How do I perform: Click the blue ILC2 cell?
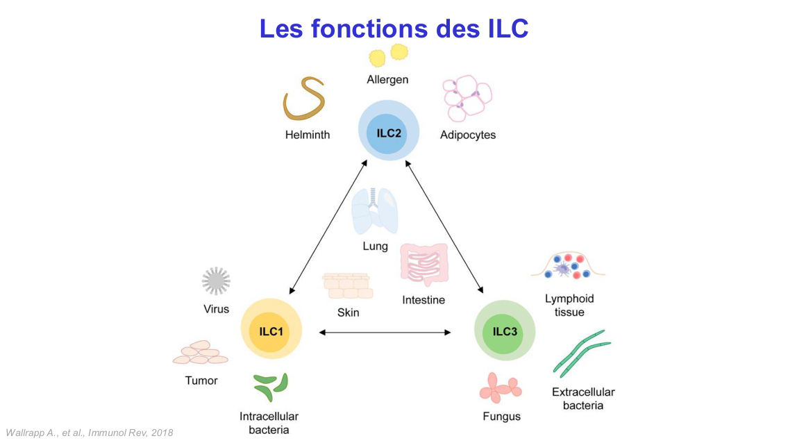pos(389,132)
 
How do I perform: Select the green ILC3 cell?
pos(505,331)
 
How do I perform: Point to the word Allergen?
pos(387,80)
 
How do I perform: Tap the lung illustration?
pos(375,211)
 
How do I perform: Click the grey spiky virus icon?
pos(216,281)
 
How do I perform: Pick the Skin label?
pos(349,312)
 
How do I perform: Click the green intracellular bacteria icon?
pos(270,387)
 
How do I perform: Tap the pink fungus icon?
pos(500,387)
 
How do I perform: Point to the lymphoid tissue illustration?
pos(568,267)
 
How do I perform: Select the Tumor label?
pos(201,381)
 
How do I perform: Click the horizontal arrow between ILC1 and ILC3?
pos(385,333)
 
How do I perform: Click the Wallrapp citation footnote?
pos(90,433)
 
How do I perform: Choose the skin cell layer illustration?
pos(347,286)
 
